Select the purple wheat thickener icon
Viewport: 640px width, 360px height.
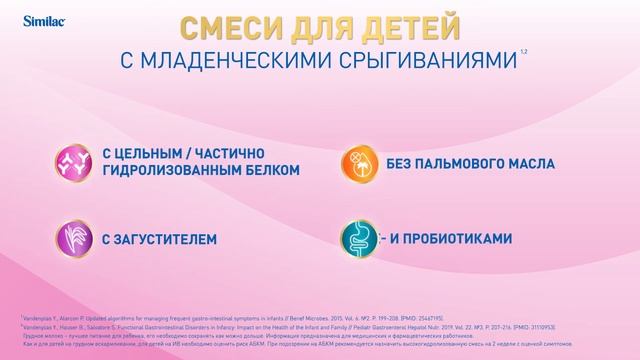point(71,239)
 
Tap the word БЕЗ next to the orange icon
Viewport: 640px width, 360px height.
point(401,161)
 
